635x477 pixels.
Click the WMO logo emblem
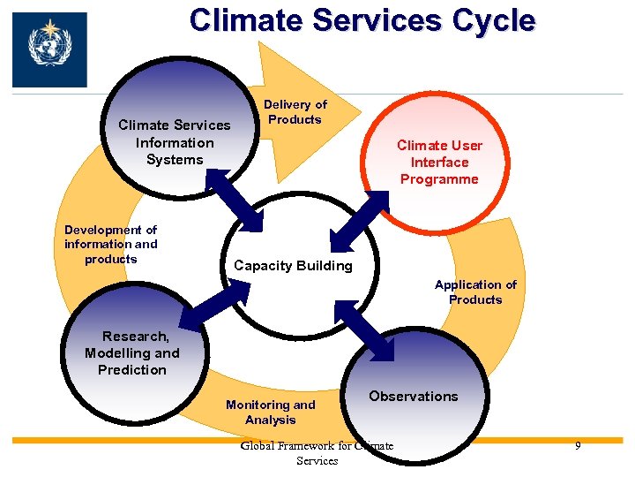point(49,49)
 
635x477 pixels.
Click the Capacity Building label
point(293,265)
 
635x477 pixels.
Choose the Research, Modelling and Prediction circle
point(132,353)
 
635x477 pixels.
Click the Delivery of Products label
point(295,112)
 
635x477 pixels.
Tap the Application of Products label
point(475,291)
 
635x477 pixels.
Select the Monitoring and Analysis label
point(270,412)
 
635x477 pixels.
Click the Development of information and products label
point(111,244)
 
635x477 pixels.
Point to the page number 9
point(578,446)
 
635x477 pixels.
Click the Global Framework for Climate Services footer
point(317,453)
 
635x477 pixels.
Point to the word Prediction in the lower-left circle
point(132,369)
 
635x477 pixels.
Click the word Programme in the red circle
point(439,179)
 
